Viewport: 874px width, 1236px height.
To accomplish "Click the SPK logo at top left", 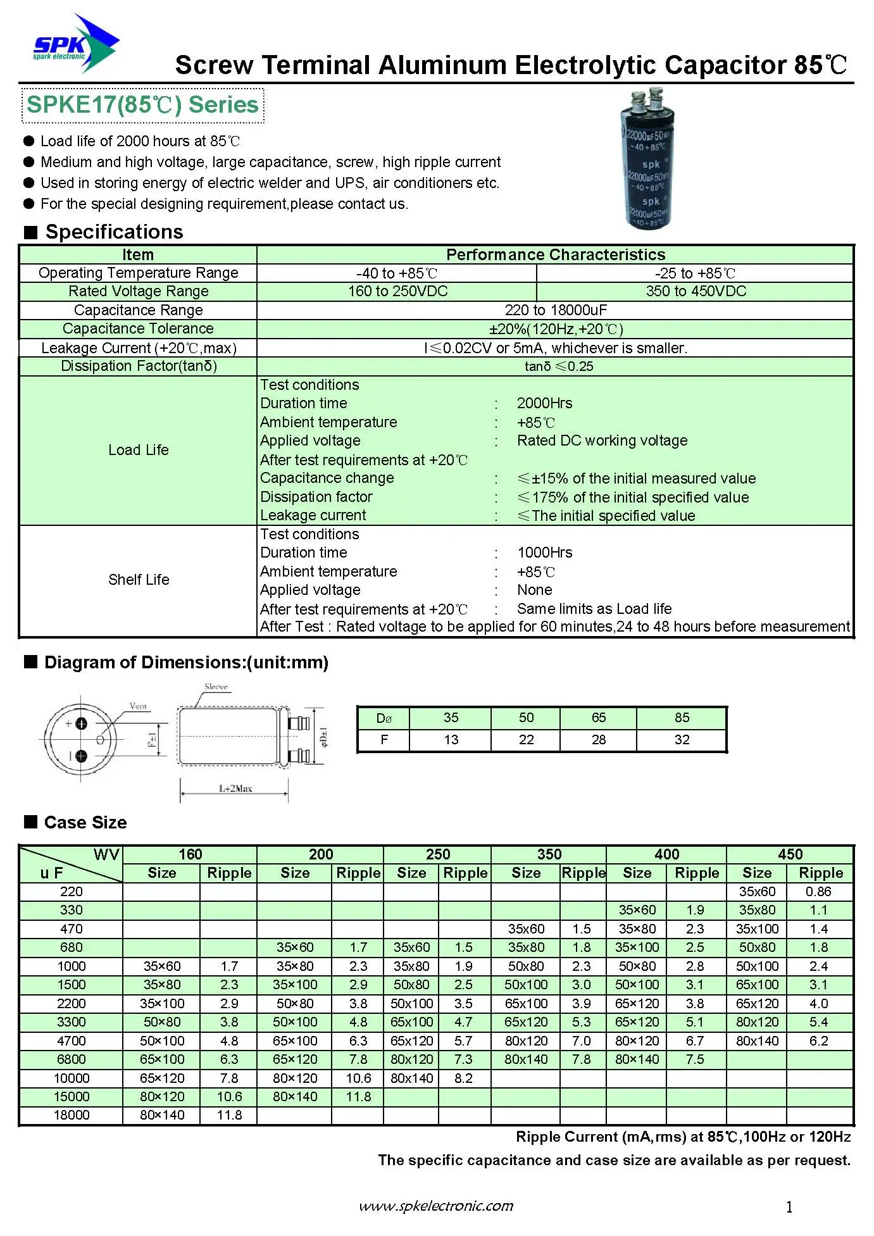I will click(x=75, y=44).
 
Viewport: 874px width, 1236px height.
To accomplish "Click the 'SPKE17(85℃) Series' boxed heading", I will click(x=143, y=105).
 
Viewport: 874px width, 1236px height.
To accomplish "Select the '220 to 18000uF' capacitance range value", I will click(x=555, y=310).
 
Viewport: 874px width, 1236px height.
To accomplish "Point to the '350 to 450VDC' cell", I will click(x=696, y=291).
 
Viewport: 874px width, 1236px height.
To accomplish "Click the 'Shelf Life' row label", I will click(x=139, y=580).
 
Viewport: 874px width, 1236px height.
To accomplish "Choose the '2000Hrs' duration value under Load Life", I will click(x=544, y=403).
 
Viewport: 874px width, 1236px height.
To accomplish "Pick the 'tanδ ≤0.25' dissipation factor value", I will click(x=559, y=366).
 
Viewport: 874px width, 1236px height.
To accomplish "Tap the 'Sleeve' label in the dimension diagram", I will click(x=216, y=687).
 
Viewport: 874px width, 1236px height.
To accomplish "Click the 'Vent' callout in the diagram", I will click(x=138, y=706).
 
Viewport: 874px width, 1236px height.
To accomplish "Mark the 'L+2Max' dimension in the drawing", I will click(x=235, y=789).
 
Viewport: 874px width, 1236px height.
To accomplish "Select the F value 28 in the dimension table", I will click(x=598, y=740).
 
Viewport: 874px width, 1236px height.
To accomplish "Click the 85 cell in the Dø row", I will click(x=682, y=718).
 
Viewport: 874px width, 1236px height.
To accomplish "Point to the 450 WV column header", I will click(x=790, y=854).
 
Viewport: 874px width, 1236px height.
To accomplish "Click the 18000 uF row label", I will click(x=72, y=1115).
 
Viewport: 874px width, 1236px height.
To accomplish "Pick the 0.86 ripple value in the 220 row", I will click(x=818, y=892).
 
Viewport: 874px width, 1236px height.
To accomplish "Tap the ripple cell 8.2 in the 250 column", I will click(x=463, y=1078).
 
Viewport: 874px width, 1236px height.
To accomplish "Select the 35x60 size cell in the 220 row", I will click(x=757, y=892).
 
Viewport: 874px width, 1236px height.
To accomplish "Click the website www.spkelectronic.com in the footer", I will click(x=436, y=1206).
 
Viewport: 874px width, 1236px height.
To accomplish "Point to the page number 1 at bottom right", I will click(x=789, y=1208).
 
